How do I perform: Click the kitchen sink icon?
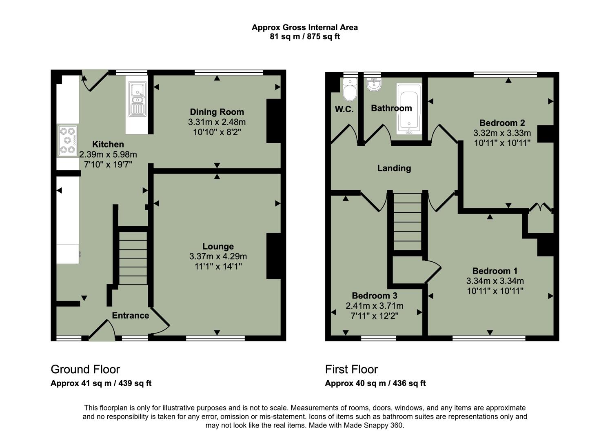[138, 99]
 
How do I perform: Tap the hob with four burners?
[68, 140]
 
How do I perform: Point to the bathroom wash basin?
[374, 85]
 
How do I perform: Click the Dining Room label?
[217, 112]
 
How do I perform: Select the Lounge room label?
[218, 246]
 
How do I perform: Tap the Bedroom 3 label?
[374, 296]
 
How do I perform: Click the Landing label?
[394, 168]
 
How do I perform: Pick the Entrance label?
[131, 315]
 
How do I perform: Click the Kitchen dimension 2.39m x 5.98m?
[108, 155]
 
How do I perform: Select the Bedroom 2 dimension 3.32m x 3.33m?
[502, 133]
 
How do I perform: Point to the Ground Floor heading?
[85, 369]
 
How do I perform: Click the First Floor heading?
[351, 369]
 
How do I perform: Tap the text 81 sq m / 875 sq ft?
[304, 37]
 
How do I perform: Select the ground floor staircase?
[133, 257]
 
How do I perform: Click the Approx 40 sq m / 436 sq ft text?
[375, 383]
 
